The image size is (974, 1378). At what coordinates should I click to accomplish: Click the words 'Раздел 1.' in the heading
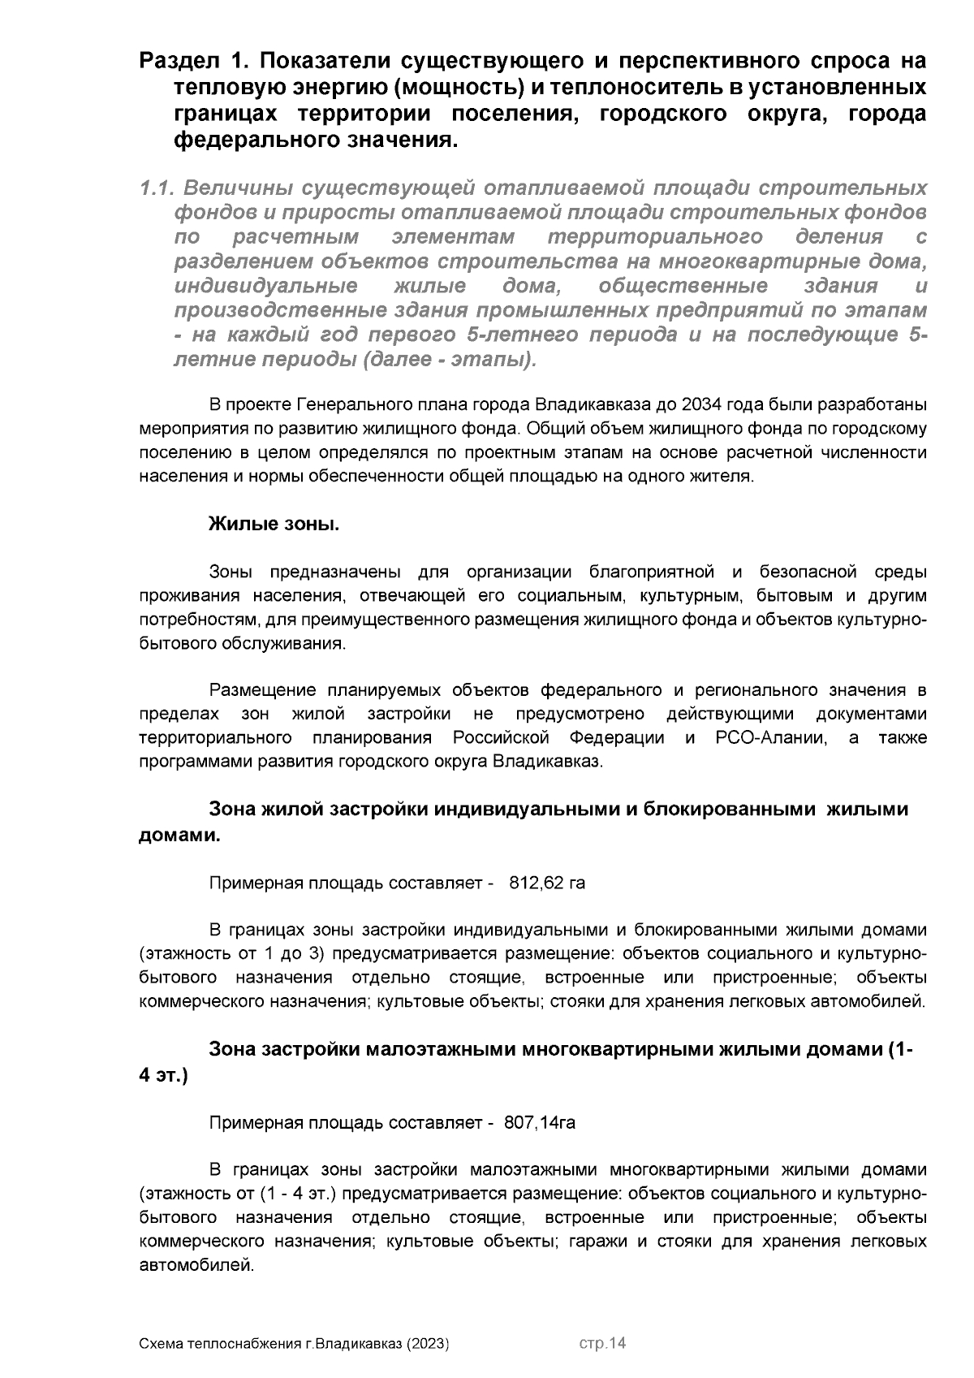tap(195, 62)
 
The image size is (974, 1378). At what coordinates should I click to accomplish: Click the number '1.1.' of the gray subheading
tap(157, 189)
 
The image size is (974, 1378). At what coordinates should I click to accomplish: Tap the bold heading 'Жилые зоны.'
tap(274, 525)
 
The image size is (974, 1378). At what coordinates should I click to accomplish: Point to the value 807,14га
tap(540, 1123)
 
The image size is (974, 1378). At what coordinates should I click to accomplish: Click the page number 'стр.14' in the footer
tap(602, 1344)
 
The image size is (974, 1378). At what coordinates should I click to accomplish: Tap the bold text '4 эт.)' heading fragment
tap(164, 1075)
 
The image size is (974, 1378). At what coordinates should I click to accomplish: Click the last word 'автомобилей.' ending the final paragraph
tap(197, 1265)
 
